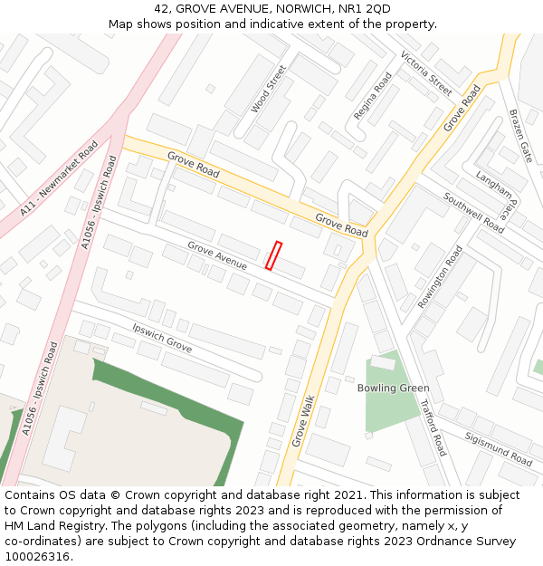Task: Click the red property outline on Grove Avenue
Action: click(x=274, y=255)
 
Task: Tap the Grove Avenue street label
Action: click(x=217, y=255)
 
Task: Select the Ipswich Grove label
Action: click(x=162, y=337)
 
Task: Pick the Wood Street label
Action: click(x=268, y=89)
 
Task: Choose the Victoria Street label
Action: click(x=425, y=73)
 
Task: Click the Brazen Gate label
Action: click(x=520, y=136)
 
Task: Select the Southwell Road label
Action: click(x=472, y=212)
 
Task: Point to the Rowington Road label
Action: click(x=440, y=277)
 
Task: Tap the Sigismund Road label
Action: click(x=498, y=448)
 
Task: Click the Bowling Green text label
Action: click(x=393, y=389)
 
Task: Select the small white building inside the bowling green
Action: click(x=383, y=362)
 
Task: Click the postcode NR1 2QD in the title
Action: click(x=366, y=9)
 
